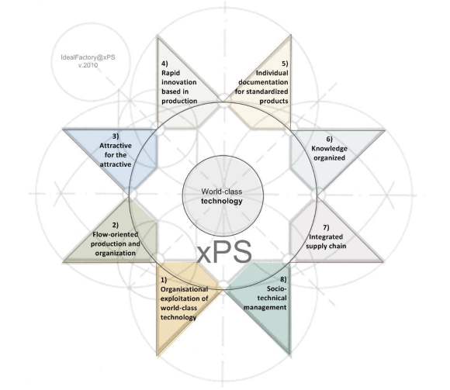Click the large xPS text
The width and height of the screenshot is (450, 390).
[x=224, y=252]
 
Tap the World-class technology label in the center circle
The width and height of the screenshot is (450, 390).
[x=222, y=196]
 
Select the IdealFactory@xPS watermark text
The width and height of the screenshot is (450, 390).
[x=88, y=57]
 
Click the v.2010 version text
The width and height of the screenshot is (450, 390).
[x=88, y=65]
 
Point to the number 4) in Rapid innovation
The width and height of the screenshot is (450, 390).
[x=164, y=64]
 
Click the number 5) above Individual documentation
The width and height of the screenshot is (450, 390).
[x=285, y=64]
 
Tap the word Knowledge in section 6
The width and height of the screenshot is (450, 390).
[x=329, y=149]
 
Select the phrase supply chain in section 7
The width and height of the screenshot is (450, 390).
[x=326, y=246]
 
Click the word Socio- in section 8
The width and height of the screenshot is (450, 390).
[x=277, y=288]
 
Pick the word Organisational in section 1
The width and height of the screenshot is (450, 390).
[x=184, y=289]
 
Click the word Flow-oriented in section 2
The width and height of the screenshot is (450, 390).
[x=116, y=235]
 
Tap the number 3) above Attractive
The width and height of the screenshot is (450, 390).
[x=116, y=136]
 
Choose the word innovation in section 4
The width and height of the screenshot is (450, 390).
[x=179, y=82]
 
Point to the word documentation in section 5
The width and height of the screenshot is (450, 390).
[x=263, y=82]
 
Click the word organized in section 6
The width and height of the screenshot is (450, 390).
[x=329, y=158]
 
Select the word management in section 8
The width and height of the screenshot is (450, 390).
[x=265, y=307]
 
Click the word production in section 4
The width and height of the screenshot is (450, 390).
[x=179, y=101]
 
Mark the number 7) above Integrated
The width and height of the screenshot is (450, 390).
[x=326, y=227]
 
